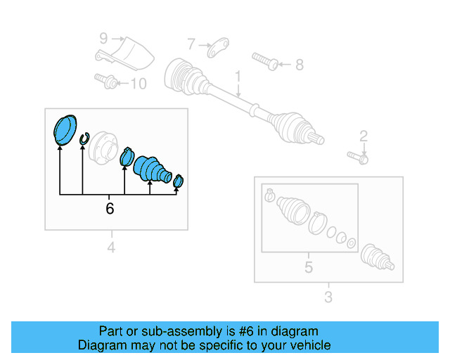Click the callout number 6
click(110, 209)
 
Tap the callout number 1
click(238, 76)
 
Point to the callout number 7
click(191, 44)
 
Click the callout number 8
click(299, 65)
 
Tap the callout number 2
click(364, 136)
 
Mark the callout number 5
click(308, 267)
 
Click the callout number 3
click(328, 297)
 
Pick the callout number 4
click(110, 246)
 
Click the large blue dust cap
click(65, 129)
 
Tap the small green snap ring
click(84, 139)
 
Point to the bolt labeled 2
click(356, 157)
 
